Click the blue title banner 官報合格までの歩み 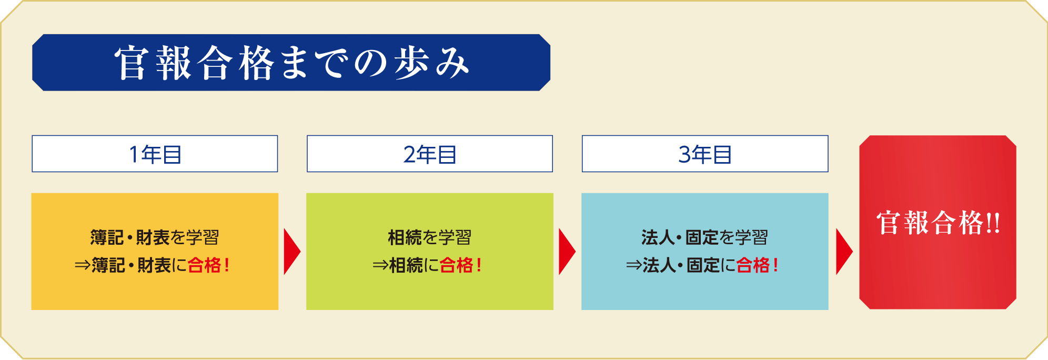pyautogui.click(x=291, y=63)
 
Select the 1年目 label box pyautogui.click(x=155, y=154)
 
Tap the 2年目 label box pyautogui.click(x=430, y=154)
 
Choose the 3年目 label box pyautogui.click(x=705, y=154)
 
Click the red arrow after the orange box pyautogui.click(x=291, y=252)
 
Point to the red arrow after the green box pyautogui.click(x=567, y=252)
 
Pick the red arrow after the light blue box pyautogui.click(x=844, y=252)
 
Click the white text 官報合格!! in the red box pyautogui.click(x=938, y=223)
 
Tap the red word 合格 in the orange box pyautogui.click(x=204, y=265)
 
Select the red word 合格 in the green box pyautogui.click(x=456, y=265)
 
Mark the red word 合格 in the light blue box pyautogui.click(x=753, y=265)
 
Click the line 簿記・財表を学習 pyautogui.click(x=155, y=237)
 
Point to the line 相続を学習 pyautogui.click(x=430, y=237)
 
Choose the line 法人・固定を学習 pyautogui.click(x=705, y=237)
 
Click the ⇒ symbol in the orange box pyautogui.click(x=83, y=265)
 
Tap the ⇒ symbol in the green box pyautogui.click(x=380, y=265)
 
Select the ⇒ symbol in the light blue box pyautogui.click(x=634, y=265)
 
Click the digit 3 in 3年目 pyautogui.click(x=684, y=155)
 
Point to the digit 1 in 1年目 pyautogui.click(x=134, y=155)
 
